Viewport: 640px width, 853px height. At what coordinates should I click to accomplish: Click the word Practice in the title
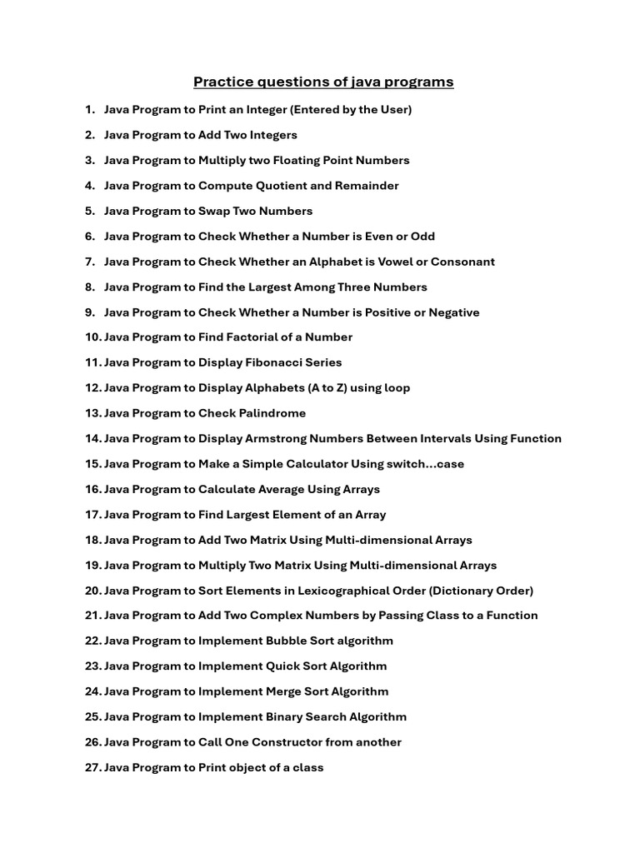[220, 82]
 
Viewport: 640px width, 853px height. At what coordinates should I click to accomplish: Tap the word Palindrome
[272, 413]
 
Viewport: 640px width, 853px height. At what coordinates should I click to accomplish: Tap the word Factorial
[256, 337]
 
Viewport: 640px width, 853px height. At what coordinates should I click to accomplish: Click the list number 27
[92, 767]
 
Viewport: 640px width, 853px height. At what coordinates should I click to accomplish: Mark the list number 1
[89, 110]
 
